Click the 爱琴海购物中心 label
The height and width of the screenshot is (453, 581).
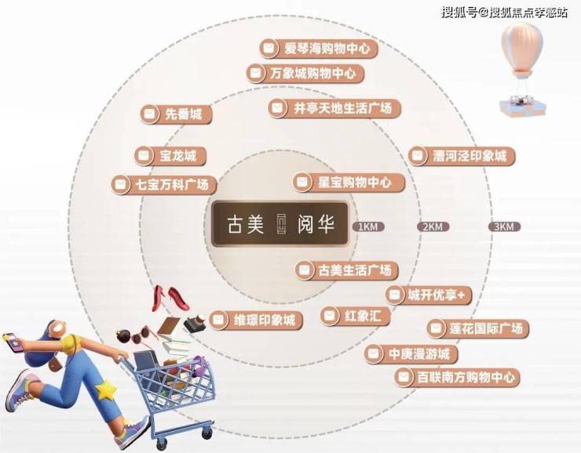[x=318, y=49]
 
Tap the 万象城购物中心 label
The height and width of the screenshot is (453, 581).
[x=305, y=73]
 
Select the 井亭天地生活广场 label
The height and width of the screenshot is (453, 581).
[x=334, y=108]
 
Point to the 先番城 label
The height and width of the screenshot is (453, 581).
[x=176, y=114]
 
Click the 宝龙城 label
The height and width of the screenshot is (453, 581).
[x=170, y=156]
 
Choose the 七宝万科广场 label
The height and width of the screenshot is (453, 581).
[x=163, y=184]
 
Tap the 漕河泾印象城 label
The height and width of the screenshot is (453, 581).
[x=462, y=156]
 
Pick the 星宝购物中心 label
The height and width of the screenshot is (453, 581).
[x=349, y=182]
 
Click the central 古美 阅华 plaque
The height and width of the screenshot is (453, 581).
[x=280, y=223]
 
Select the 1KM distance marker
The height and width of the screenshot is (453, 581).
[x=367, y=226]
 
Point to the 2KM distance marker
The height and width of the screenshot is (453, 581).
[x=433, y=226]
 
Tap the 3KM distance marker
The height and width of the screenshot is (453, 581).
[x=504, y=226]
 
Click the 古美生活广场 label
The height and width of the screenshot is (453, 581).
[x=346, y=270]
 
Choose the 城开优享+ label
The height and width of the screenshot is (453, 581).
[x=429, y=295]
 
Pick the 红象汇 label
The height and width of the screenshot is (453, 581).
[x=356, y=316]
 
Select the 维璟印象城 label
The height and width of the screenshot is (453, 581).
[x=256, y=320]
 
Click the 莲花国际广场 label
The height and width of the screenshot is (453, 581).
[x=477, y=328]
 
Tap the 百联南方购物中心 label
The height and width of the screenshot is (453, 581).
[x=457, y=377]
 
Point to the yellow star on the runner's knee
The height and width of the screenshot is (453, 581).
[x=105, y=390]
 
